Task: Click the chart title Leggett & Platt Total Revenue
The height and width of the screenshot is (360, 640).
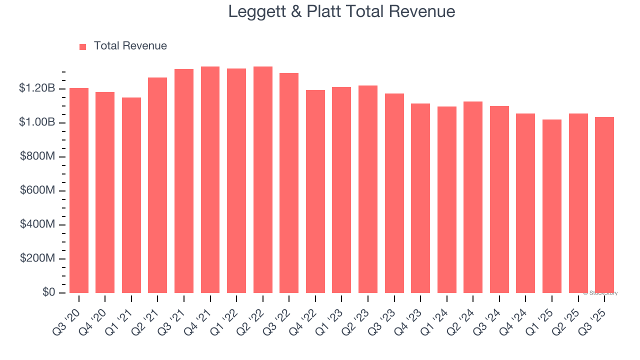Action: (341, 11)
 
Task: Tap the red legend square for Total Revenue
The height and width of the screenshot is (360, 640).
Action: (83, 46)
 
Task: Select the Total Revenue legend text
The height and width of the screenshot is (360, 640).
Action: (130, 46)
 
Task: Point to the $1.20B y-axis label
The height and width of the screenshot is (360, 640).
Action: (37, 88)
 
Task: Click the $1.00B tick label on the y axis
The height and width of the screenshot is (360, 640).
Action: (37, 122)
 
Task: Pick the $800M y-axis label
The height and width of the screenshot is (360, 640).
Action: (37, 156)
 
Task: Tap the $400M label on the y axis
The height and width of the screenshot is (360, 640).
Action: (37, 224)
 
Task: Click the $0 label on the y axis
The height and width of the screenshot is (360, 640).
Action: (48, 292)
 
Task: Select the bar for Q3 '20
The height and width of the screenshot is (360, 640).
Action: (79, 190)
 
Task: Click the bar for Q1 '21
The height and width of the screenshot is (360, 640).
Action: (131, 195)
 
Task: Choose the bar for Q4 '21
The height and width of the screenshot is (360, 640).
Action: (210, 180)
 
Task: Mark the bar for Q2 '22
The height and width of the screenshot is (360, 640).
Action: (262, 180)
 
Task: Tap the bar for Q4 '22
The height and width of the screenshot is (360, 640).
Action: (315, 191)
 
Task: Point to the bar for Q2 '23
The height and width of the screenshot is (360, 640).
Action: (367, 189)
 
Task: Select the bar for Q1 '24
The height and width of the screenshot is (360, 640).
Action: (446, 200)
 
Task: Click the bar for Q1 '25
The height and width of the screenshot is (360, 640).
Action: (551, 206)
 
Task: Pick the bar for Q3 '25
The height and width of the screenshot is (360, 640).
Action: (604, 205)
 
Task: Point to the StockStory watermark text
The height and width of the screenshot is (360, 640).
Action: (600, 293)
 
